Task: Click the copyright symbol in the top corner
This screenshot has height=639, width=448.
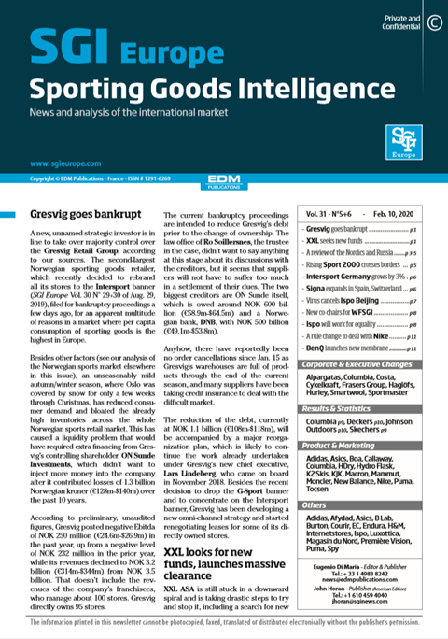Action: (x=433, y=21)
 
